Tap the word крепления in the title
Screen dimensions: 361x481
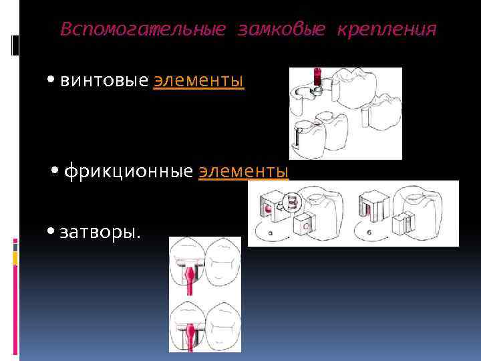pos(387,30)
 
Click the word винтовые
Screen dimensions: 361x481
pos(104,81)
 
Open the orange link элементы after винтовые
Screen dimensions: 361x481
pos(198,81)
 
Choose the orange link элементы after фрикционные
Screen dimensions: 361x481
pos(244,172)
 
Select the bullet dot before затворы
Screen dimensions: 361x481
pos(52,232)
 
